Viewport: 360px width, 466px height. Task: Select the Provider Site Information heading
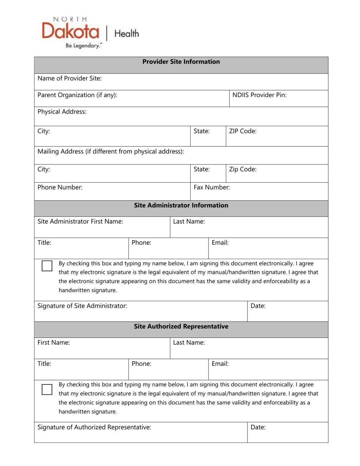point(181,61)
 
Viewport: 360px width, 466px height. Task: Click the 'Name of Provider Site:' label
point(69,78)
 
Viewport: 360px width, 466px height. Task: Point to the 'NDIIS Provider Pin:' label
point(259,95)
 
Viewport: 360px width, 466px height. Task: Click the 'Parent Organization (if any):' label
point(77,95)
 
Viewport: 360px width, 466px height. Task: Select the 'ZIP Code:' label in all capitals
point(243,131)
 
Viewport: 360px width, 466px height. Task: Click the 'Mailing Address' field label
point(111,152)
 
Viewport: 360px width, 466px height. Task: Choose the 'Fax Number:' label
point(212,187)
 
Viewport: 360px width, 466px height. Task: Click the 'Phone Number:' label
point(60,187)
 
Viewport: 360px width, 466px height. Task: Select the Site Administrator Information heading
point(181,205)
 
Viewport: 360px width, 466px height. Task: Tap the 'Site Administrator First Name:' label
point(80,222)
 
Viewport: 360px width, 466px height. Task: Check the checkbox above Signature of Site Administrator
point(47,266)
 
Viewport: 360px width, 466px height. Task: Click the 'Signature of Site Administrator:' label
point(82,305)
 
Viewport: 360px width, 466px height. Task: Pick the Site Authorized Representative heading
point(181,326)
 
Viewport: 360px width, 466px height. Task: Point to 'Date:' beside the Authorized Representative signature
point(258,427)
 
